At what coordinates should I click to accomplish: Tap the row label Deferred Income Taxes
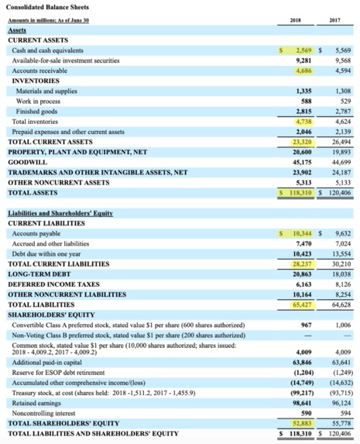point(50,284)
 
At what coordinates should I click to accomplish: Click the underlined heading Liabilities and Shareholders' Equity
point(61,212)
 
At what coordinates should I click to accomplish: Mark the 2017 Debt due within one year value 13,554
point(339,253)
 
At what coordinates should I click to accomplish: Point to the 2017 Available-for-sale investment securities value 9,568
point(340,60)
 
